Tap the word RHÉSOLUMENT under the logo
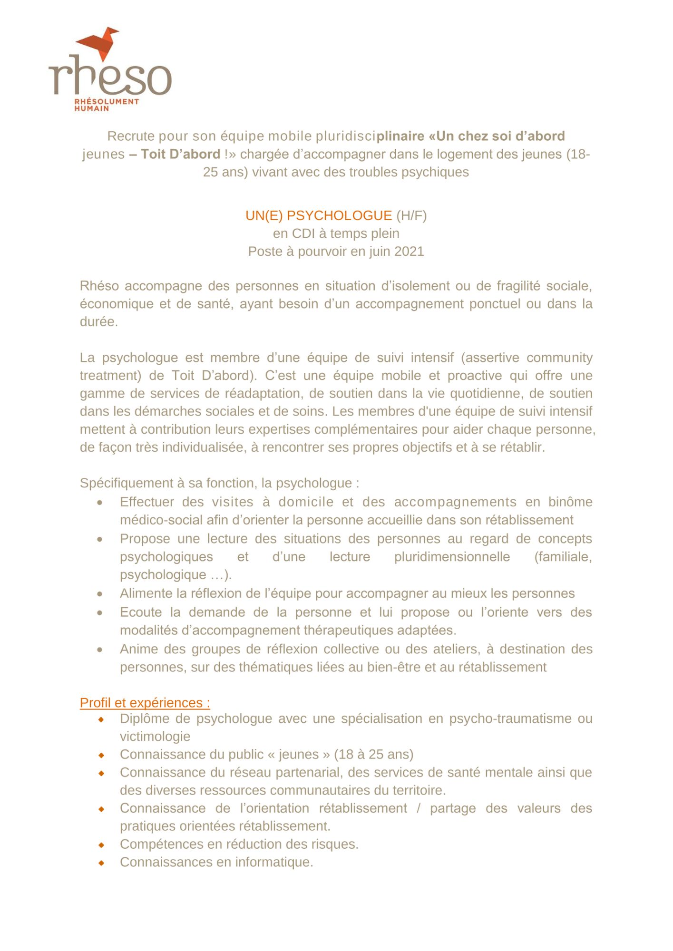coord(107,101)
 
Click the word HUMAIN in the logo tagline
coord(92,108)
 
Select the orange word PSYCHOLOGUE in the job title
coord(339,216)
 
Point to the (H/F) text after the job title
coord(411,216)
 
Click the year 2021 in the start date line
coord(409,252)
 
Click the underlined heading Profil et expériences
coord(145,703)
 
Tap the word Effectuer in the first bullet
coord(146,502)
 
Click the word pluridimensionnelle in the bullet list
coord(452,557)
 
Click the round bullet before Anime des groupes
coord(100,650)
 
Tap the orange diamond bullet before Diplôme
coord(101,719)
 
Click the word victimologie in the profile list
coord(155,737)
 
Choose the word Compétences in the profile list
coord(157,844)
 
